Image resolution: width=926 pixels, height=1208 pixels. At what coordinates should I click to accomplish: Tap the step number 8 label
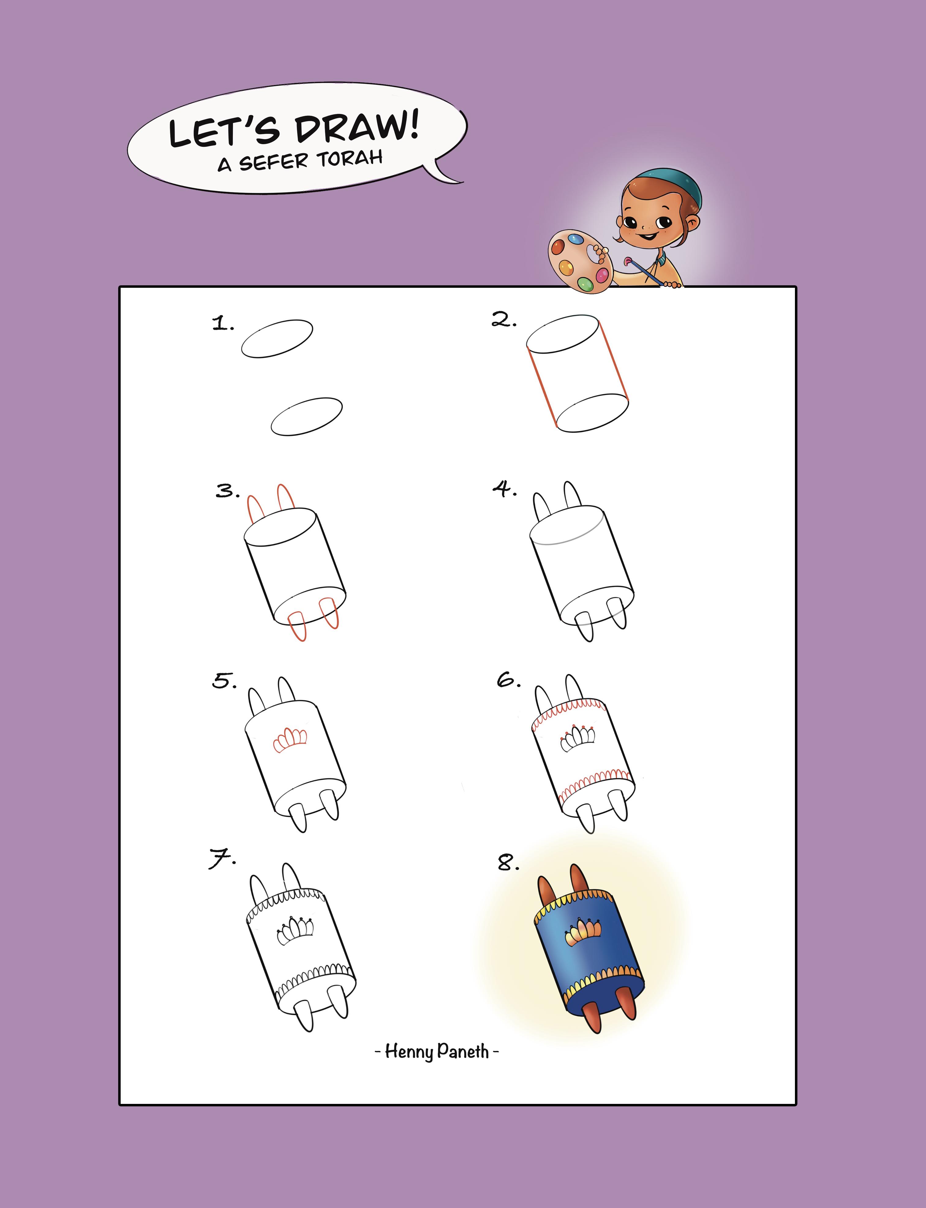point(508,862)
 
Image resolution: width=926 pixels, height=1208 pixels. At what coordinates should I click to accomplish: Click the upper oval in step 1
point(277,338)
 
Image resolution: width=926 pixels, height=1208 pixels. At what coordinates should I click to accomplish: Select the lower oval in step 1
point(307,417)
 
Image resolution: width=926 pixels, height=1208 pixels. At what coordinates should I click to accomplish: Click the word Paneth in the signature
point(463,1052)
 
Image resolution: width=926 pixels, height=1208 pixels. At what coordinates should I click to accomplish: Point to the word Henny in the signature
point(408,1052)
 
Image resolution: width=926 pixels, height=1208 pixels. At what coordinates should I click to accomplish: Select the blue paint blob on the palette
point(575,239)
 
